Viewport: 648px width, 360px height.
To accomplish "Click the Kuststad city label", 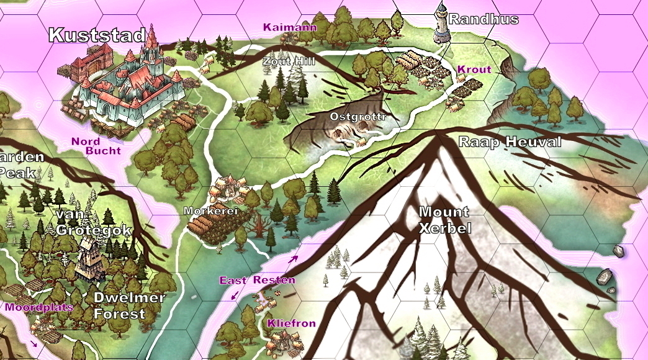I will point(97,35).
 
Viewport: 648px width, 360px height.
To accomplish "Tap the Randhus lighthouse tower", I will point(441,23).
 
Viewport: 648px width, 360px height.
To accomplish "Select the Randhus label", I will point(484,19).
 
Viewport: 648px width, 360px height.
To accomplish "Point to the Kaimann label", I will point(289,27).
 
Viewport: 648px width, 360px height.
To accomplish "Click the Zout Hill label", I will point(289,61).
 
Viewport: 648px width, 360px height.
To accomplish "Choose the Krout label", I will point(474,70).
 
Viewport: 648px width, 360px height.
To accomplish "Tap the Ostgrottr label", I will point(358,117).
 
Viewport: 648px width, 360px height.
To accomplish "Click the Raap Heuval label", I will point(510,142).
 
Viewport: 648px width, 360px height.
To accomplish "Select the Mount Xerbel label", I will point(444,219).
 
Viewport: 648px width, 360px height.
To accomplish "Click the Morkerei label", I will point(211,211).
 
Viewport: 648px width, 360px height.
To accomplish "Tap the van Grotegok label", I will point(94,222).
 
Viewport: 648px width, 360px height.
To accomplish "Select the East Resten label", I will point(257,281).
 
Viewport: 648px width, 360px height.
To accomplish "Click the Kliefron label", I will point(292,323).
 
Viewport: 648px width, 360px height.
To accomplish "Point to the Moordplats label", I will point(39,307).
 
